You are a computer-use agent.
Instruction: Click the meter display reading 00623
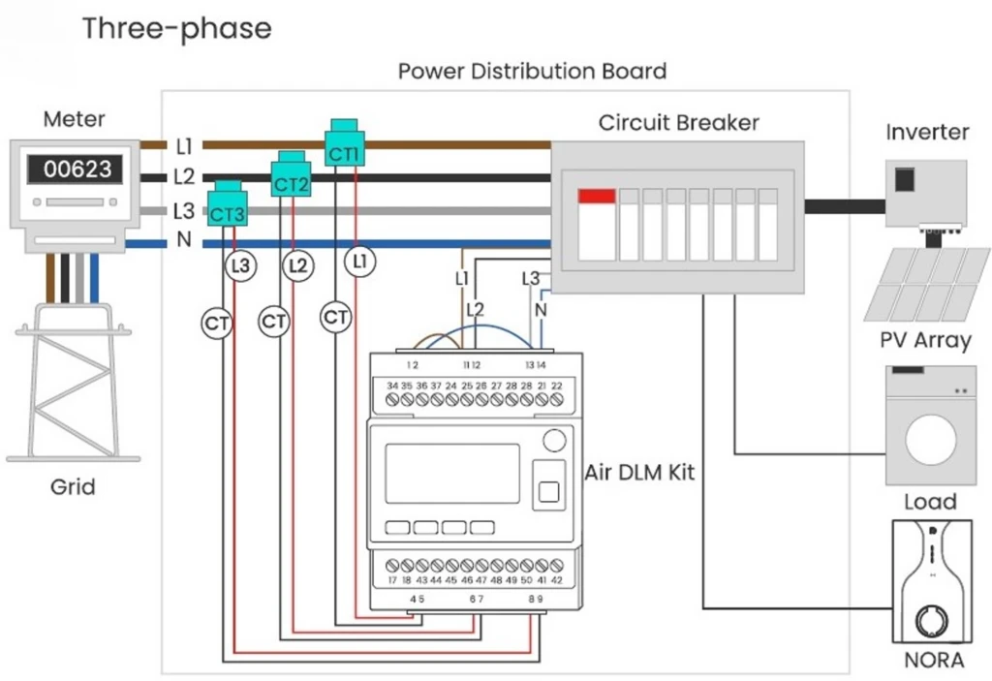[x=77, y=170]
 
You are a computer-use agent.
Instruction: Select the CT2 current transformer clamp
[x=291, y=176]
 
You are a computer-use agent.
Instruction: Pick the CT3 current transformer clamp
[x=228, y=206]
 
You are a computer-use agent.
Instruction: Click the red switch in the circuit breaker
[x=596, y=197]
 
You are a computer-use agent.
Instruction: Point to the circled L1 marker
[x=359, y=262]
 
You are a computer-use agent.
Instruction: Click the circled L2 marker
[x=297, y=264]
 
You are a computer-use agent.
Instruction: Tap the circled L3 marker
[x=241, y=264]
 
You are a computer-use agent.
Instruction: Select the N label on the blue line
[x=184, y=240]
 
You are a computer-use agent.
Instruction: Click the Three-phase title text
[x=176, y=28]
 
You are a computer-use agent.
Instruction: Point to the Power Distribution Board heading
[x=532, y=72]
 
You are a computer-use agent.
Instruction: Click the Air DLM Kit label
[x=639, y=473]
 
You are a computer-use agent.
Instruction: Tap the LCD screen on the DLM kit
[x=451, y=473]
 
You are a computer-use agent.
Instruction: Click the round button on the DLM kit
[x=553, y=441]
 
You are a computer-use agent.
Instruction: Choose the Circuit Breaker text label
[x=678, y=123]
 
